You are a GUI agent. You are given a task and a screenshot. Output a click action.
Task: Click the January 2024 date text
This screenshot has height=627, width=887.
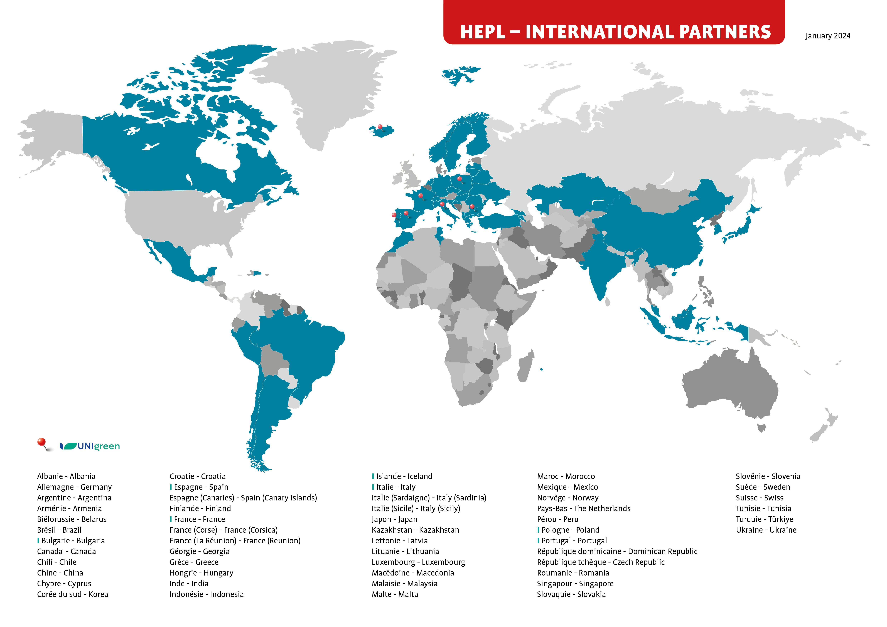[827, 36]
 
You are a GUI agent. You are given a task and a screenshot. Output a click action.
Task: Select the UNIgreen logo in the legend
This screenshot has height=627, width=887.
[90, 446]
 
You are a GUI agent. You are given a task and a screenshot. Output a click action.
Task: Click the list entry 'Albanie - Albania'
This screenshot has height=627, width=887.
[66, 477]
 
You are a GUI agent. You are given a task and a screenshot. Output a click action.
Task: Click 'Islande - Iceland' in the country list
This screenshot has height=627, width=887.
[404, 477]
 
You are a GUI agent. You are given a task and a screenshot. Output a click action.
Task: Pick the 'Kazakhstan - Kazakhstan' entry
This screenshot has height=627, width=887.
[415, 530]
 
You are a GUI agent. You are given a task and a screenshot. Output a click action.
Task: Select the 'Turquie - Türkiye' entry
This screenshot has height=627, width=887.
[764, 519]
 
